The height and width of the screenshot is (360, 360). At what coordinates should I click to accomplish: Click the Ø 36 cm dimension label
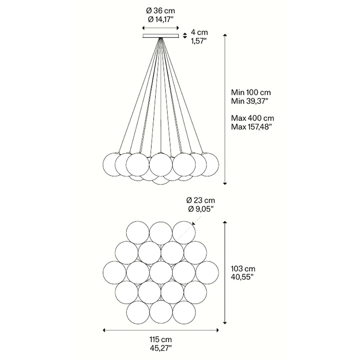point(161,11)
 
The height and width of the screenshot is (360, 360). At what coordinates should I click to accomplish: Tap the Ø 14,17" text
point(161,19)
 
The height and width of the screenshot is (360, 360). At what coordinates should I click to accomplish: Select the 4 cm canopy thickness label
point(199,32)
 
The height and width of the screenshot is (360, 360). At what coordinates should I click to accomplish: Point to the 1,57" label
point(199,41)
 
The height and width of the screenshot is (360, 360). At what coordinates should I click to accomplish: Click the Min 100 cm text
point(251,93)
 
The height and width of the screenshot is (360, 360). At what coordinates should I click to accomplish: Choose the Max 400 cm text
point(253,118)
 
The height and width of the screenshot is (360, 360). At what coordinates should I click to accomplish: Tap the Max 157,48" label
point(250,127)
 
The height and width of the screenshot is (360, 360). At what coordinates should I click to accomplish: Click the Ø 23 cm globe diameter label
point(201,201)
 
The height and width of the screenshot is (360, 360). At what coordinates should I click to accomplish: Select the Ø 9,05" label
point(200,209)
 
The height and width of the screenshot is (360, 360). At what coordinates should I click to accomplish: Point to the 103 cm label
point(243,269)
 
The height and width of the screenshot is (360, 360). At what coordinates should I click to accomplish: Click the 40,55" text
point(242,277)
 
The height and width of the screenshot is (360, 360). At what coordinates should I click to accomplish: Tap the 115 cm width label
point(161,339)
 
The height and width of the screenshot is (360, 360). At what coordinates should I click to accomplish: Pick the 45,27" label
point(161,348)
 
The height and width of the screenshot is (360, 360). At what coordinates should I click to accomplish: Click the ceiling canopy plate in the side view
point(161,36)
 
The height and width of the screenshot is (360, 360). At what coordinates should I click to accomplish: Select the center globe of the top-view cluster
point(161,273)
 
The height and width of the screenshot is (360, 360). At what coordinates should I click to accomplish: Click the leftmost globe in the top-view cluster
point(114,273)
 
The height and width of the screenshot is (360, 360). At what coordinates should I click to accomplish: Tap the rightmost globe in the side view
point(207,165)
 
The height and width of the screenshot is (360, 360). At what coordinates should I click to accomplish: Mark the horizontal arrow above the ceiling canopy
point(161,28)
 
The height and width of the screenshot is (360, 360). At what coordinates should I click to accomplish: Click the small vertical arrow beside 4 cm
point(185,36)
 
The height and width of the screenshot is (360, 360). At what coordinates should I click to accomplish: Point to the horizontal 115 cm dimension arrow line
point(161,330)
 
